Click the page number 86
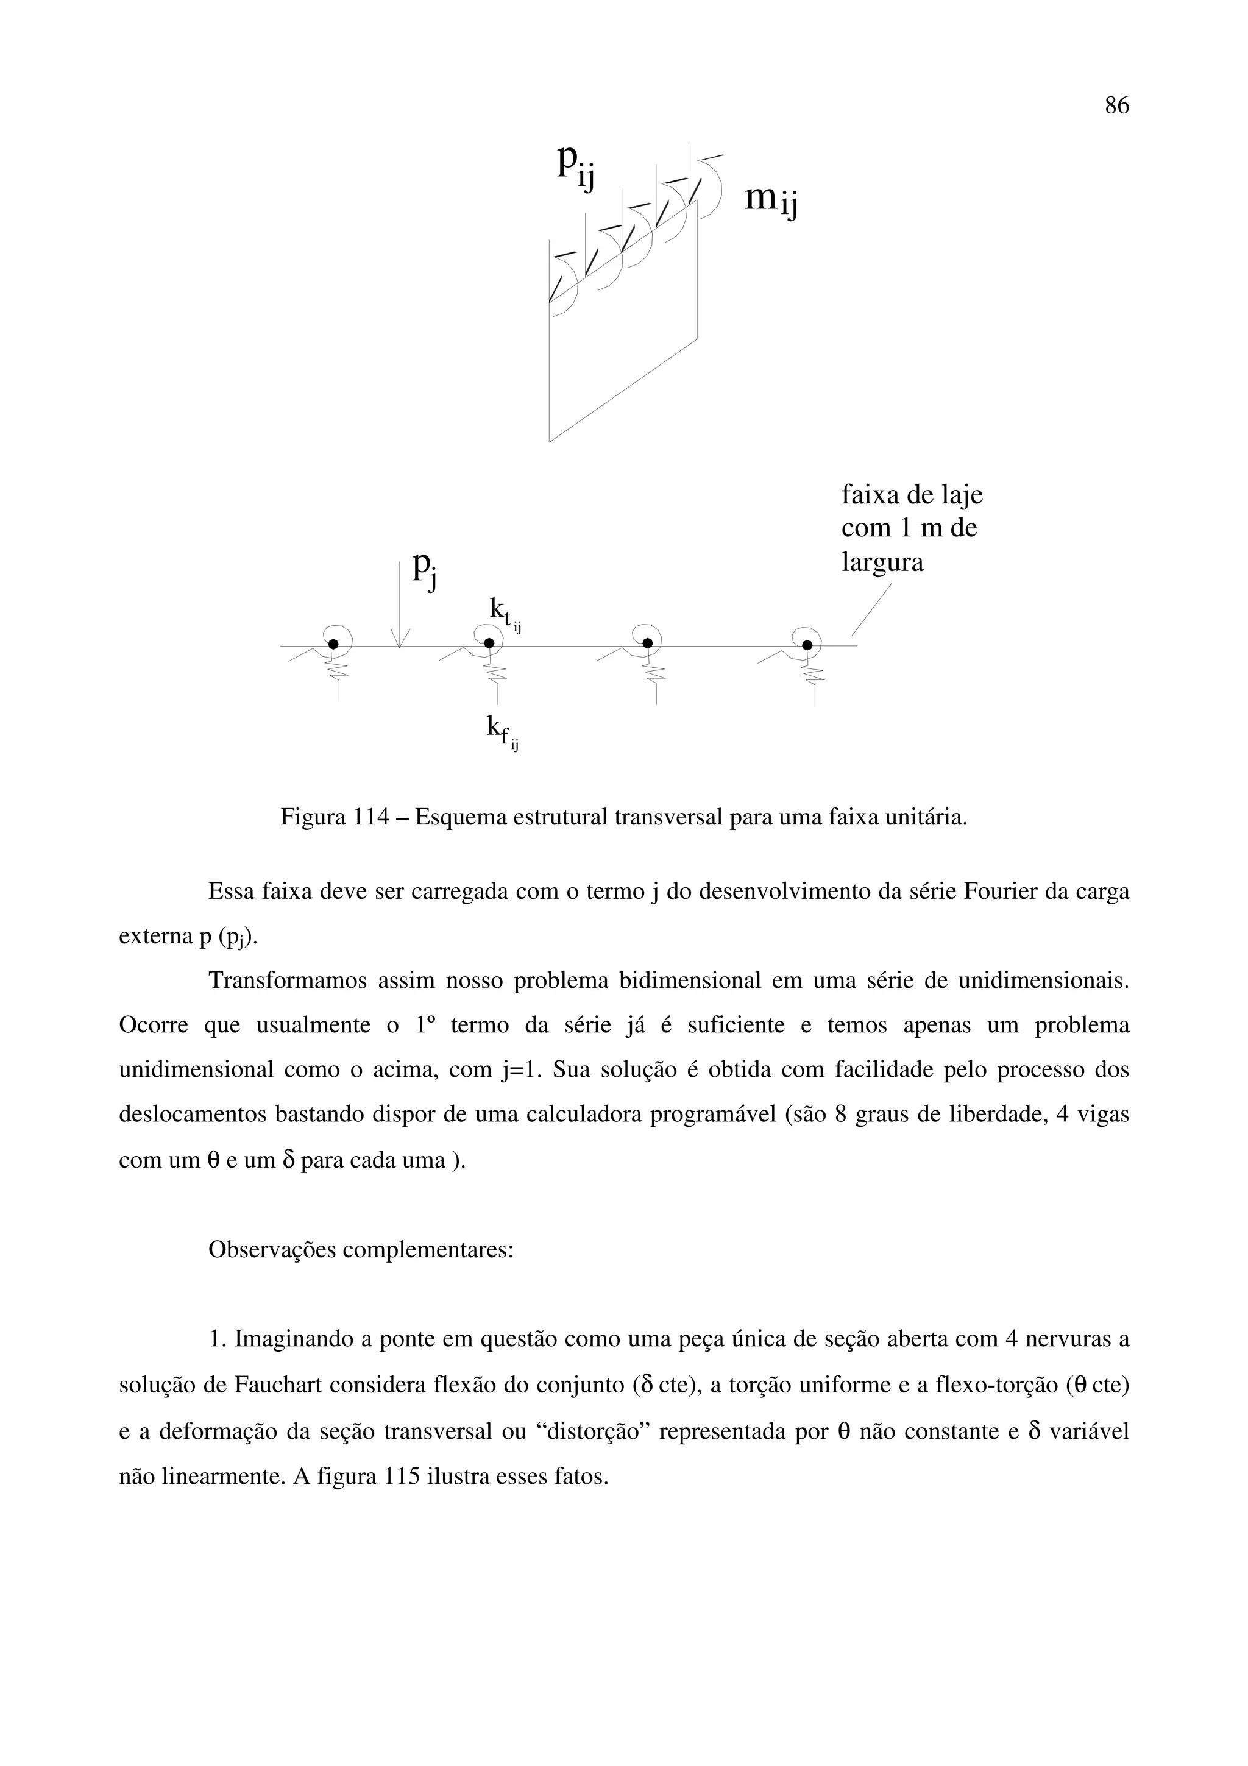click(1116, 105)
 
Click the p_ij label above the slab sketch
click(576, 165)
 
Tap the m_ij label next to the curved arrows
click(771, 200)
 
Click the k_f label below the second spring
click(502, 729)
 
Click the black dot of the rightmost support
click(807, 645)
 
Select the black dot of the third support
click(647, 643)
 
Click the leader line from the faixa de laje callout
click(871, 610)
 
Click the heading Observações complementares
click(361, 1250)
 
